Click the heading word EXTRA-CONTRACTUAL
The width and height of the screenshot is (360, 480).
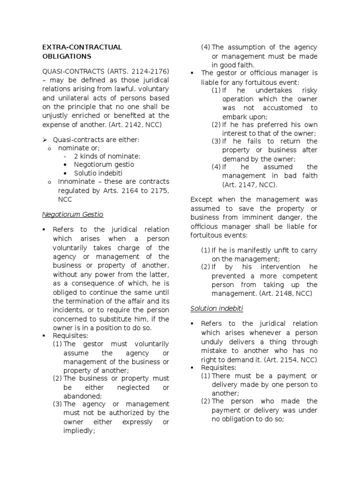(x=82, y=47)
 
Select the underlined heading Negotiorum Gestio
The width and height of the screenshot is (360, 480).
(x=73, y=214)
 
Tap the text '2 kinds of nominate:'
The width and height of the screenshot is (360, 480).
(x=107, y=156)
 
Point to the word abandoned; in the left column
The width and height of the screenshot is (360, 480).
(x=79, y=396)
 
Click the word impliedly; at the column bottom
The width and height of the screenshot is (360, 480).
(x=79, y=431)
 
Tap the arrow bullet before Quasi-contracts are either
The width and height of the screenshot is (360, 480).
(x=45, y=140)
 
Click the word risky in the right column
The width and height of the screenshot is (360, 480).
(x=309, y=90)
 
